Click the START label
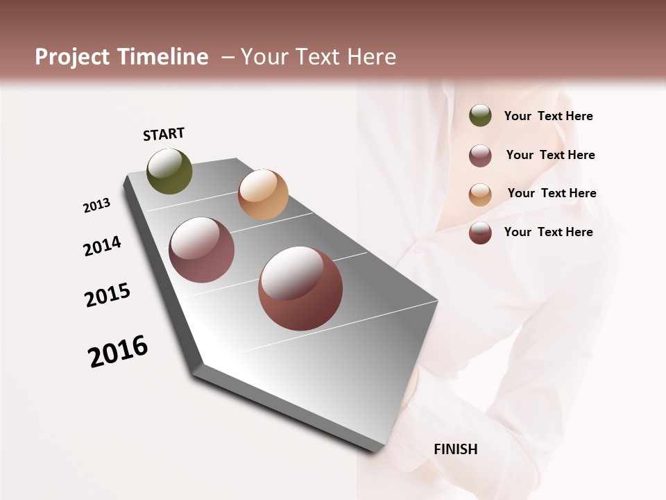click(x=164, y=134)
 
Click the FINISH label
click(x=455, y=449)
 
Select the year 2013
click(x=96, y=206)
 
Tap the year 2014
click(x=102, y=247)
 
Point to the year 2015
click(x=108, y=295)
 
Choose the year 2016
click(x=118, y=351)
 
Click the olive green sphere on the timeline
click(x=169, y=172)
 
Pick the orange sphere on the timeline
click(x=263, y=194)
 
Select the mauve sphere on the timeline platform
click(x=202, y=250)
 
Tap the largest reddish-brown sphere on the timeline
click(x=300, y=288)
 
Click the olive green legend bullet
click(x=480, y=115)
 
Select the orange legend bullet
click(x=480, y=194)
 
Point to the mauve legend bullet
click(x=480, y=156)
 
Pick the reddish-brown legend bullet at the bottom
click(x=480, y=233)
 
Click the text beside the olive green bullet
click(x=548, y=116)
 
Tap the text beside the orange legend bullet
click(x=552, y=193)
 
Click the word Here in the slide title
click(x=371, y=57)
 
